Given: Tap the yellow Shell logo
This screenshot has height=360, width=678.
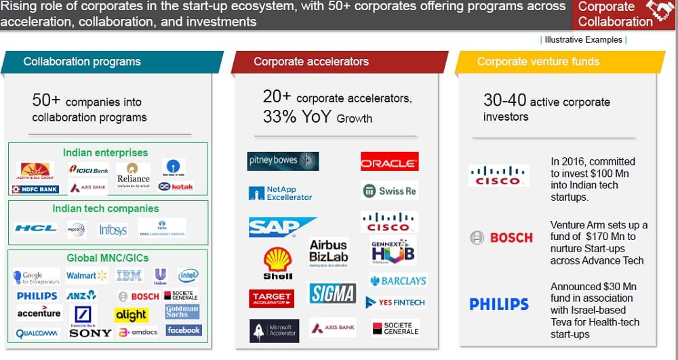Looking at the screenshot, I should [278, 263].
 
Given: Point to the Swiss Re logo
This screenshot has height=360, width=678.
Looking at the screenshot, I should [389, 191].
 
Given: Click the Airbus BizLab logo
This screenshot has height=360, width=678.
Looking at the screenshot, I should [328, 254].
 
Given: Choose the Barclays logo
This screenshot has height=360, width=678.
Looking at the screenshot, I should [398, 280].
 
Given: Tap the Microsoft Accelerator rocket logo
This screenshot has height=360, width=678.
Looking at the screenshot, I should [275, 330].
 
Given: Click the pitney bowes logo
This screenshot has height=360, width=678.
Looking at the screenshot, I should [283, 161].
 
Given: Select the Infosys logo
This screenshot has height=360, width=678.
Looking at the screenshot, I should [113, 230].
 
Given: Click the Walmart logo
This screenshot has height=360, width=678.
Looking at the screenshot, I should [86, 276].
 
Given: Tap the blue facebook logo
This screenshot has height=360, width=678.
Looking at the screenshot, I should [183, 330].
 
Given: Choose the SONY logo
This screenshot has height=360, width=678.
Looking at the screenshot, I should [90, 333].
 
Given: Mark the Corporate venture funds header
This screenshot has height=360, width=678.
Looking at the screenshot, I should [538, 62].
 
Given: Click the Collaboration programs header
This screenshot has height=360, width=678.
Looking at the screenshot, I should [82, 62].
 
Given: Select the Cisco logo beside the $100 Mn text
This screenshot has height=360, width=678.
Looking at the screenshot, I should [498, 176].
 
